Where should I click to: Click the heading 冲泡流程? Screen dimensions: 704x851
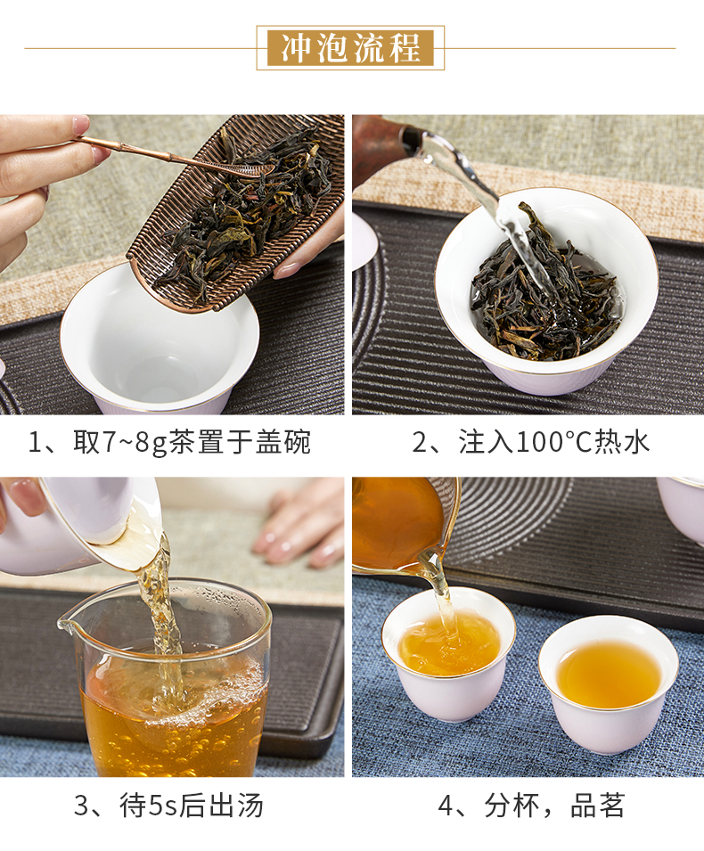tap(350, 48)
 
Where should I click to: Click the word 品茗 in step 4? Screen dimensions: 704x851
tap(598, 806)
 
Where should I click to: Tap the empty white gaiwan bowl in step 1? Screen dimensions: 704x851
tap(159, 343)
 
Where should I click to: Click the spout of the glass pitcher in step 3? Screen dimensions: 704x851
tap(66, 624)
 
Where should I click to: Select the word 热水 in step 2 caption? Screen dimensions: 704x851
tap(622, 442)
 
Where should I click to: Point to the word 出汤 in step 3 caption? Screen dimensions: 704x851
tap(236, 806)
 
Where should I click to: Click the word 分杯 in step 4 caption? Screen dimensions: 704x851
tap(512, 806)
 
